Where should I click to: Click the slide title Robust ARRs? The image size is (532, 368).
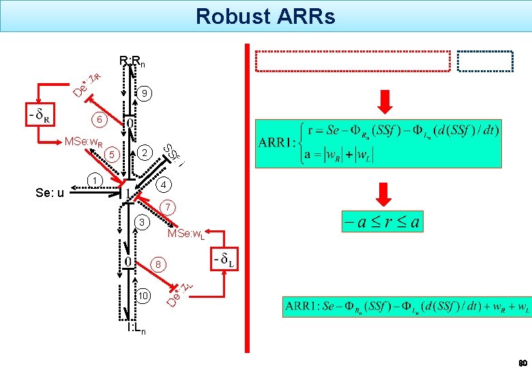(265, 16)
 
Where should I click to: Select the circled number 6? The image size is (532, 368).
(100, 120)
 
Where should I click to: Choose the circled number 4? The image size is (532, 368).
(164, 185)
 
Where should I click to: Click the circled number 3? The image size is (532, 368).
(141, 223)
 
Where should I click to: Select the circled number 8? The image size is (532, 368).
(157, 264)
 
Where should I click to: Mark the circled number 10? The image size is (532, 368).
(143, 296)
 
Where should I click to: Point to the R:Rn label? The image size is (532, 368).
(132, 62)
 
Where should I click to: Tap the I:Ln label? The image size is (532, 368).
(135, 329)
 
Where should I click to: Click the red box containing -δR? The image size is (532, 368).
(39, 117)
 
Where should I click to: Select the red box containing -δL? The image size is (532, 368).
(224, 259)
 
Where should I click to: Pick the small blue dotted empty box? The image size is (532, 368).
(485, 61)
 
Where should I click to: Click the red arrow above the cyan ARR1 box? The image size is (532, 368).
(385, 102)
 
